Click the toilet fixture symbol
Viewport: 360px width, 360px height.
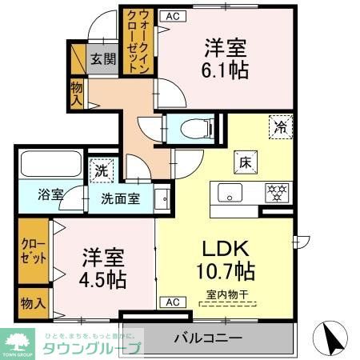(x=193, y=129)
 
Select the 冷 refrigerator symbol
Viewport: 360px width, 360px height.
(x=280, y=126)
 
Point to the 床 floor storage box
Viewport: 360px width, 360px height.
(x=244, y=161)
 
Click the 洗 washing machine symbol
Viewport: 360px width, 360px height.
(x=102, y=170)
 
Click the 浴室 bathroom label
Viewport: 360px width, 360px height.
(x=51, y=194)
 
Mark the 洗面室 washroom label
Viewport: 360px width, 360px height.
(x=120, y=198)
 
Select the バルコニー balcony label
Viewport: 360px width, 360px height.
(x=208, y=338)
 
